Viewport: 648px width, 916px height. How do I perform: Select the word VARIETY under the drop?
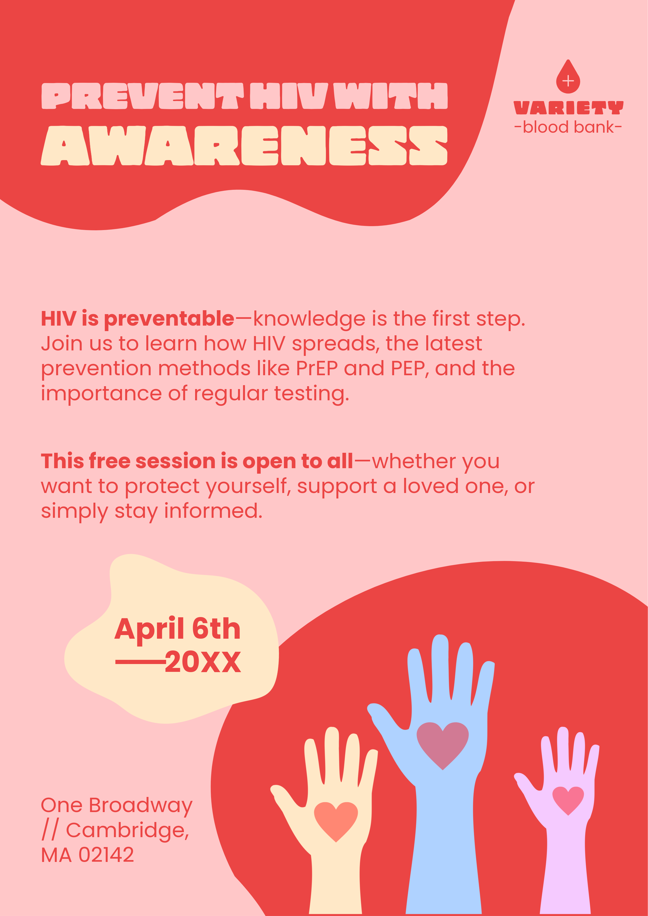pyautogui.click(x=568, y=108)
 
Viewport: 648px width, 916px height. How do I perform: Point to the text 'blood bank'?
pyautogui.click(x=568, y=127)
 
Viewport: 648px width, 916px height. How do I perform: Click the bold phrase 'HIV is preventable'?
pyautogui.click(x=137, y=319)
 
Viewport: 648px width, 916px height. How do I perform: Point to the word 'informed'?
pyautogui.click(x=213, y=511)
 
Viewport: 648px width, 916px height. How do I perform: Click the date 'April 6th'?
pyautogui.click(x=178, y=629)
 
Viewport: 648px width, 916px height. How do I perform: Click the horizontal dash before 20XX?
pyautogui.click(x=140, y=662)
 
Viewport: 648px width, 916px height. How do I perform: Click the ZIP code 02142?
pyautogui.click(x=106, y=855)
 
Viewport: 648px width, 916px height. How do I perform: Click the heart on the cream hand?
pyautogui.click(x=336, y=820)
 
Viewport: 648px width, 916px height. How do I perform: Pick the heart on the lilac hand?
pyautogui.click(x=568, y=799)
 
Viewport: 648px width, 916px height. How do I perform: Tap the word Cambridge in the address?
pyautogui.click(x=127, y=830)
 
